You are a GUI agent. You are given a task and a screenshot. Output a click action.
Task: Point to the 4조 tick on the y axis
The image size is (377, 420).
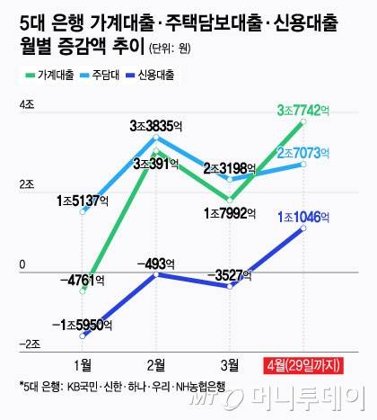point(27,107)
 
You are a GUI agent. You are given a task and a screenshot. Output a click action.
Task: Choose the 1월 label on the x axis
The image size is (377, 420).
point(83,364)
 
